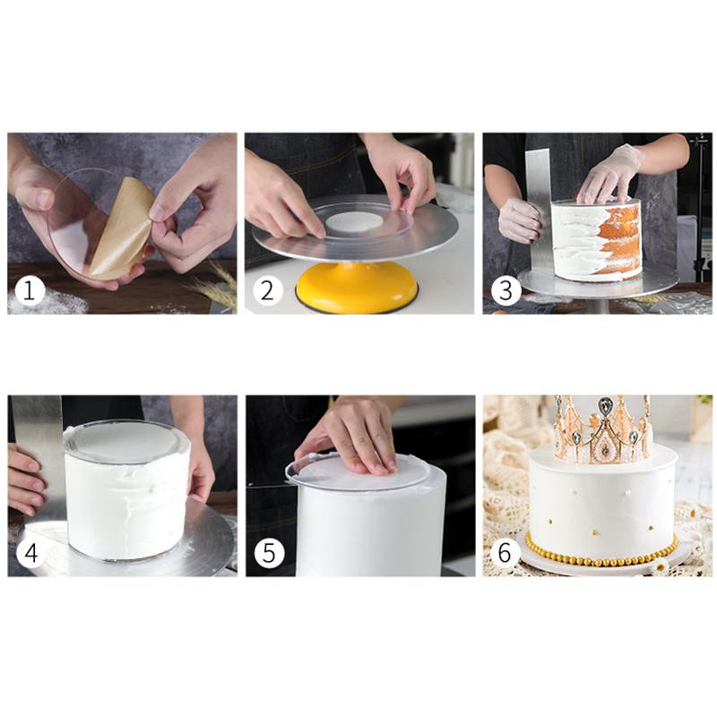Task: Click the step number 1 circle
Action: click(30, 290)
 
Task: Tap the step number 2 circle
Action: click(267, 290)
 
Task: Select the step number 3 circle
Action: click(505, 290)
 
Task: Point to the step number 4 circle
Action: click(31, 553)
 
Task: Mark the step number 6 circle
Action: click(505, 553)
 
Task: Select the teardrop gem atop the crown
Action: click(604, 405)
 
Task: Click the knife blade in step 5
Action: click(270, 485)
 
